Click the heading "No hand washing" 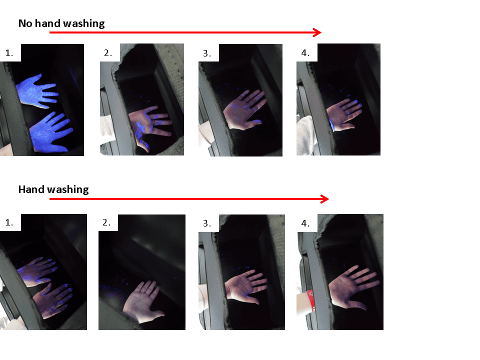(61, 23)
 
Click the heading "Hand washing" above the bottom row (53, 189)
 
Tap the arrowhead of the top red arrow (317, 32)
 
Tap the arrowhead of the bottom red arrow (325, 199)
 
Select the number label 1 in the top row (9, 53)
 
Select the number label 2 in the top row (108, 53)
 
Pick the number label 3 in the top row (207, 53)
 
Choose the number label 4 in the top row (305, 53)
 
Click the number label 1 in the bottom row (9, 222)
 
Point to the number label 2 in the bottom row (106, 222)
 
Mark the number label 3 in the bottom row (207, 223)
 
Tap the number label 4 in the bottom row (305, 223)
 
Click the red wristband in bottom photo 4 (310, 300)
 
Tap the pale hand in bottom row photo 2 (142, 301)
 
